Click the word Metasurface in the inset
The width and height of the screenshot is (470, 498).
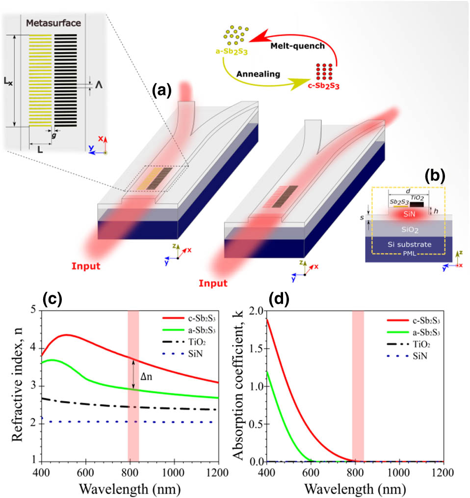coord(54,23)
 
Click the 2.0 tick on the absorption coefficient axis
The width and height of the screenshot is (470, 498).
coord(248,310)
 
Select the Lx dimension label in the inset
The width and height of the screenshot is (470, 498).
coord(8,82)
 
